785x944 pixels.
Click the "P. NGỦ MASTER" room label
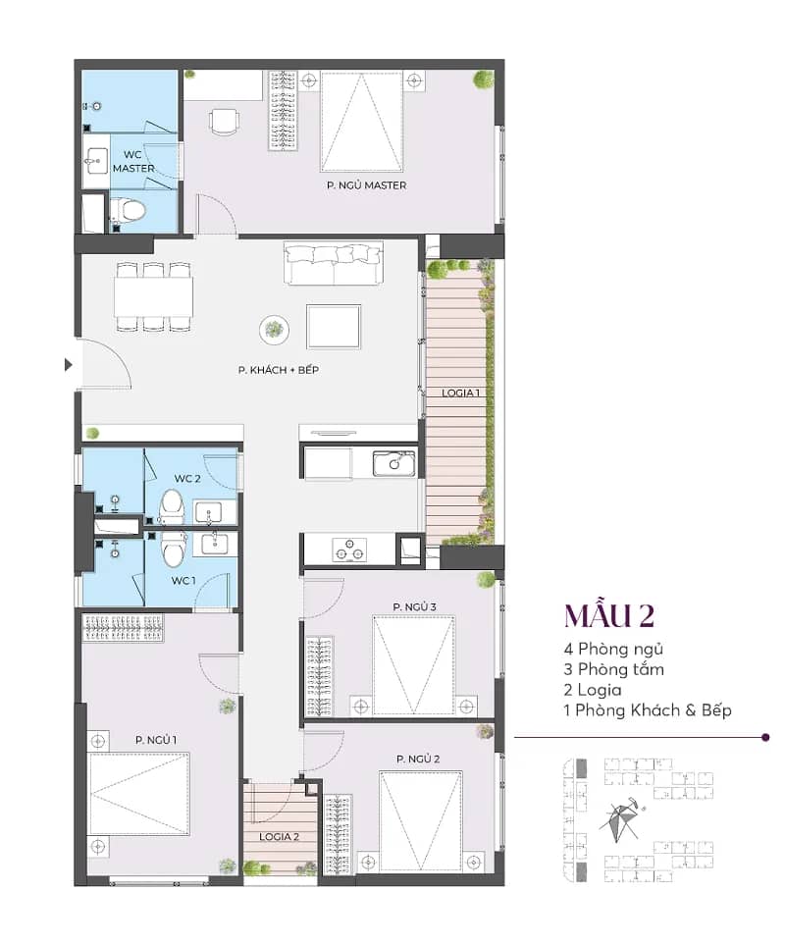tap(367, 185)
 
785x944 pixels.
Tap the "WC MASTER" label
tap(133, 161)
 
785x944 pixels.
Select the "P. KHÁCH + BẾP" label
tap(278, 370)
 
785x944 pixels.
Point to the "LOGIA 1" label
tap(460, 393)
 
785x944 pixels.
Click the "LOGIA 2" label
tap(279, 837)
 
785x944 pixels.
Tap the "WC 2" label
tap(187, 479)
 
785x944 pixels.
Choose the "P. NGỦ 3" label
tap(414, 606)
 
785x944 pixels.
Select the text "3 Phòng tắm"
tap(613, 669)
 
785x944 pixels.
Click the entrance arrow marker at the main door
tap(68, 365)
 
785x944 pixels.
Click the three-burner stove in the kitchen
tap(349, 550)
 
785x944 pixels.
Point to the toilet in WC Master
tap(128, 211)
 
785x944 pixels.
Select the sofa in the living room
tap(334, 263)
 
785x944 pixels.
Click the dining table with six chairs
tap(153, 296)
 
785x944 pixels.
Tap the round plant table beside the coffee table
tap(274, 330)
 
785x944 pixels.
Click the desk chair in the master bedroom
tap(224, 122)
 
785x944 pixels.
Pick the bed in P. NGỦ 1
tap(139, 794)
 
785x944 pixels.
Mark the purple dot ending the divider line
tap(765, 737)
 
